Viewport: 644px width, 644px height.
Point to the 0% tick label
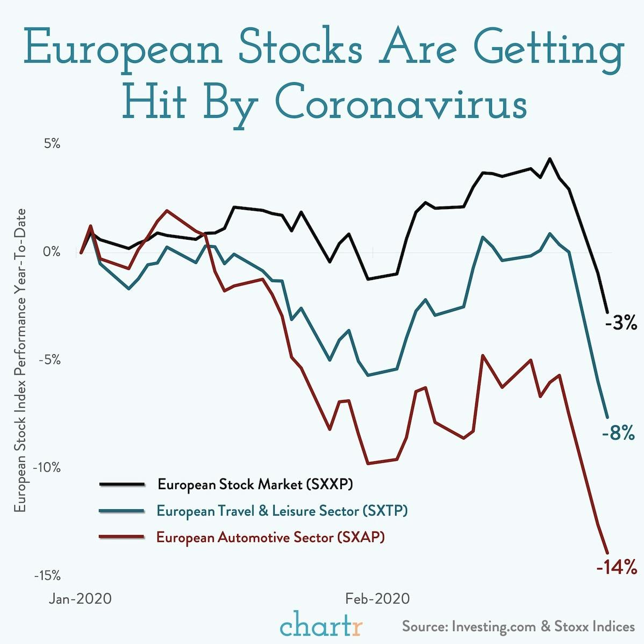click(52, 252)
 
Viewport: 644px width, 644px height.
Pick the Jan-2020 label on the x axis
click(80, 598)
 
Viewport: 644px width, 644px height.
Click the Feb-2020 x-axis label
click(377, 598)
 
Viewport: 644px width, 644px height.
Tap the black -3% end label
click(620, 324)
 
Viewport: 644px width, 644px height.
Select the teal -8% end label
click(618, 433)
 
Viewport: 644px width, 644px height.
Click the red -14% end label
click(616, 567)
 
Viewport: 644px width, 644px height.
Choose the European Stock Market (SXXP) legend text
click(255, 484)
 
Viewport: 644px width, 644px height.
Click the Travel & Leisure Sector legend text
click(282, 511)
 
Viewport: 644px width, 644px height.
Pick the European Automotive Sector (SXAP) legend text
click(270, 537)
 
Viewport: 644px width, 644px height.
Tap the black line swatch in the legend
click(122, 484)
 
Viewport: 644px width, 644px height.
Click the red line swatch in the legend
click(122, 537)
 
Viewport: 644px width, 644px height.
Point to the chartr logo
click(321, 626)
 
